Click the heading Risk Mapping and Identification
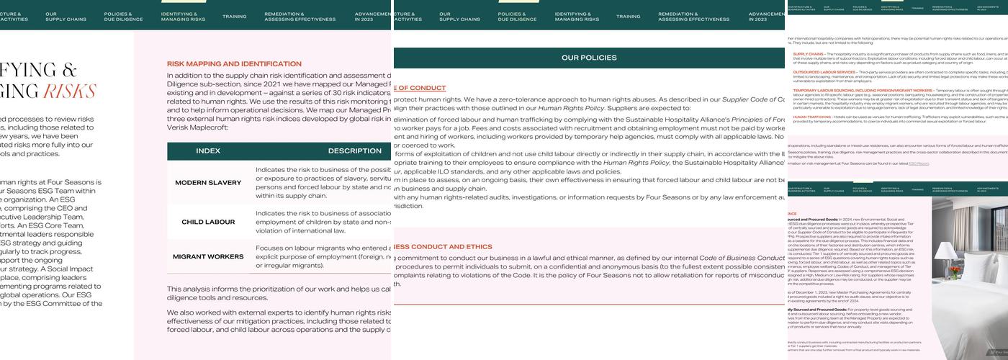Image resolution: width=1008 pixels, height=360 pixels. pos(234,64)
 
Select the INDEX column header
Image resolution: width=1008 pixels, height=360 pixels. pos(208,151)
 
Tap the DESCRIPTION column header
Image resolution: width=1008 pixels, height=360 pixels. pos(354,151)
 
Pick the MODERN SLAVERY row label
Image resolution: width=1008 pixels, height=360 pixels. pos(208,183)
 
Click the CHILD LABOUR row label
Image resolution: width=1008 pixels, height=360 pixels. pos(208,222)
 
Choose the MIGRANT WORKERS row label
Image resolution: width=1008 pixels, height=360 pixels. pos(208,257)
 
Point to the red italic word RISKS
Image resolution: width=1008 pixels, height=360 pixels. pos(70,91)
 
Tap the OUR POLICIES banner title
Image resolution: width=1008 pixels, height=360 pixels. pos(589,58)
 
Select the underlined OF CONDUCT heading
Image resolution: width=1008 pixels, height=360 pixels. pos(420,88)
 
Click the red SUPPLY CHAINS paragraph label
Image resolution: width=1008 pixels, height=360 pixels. pos(809,54)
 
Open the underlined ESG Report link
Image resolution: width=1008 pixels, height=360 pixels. pos(919,163)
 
